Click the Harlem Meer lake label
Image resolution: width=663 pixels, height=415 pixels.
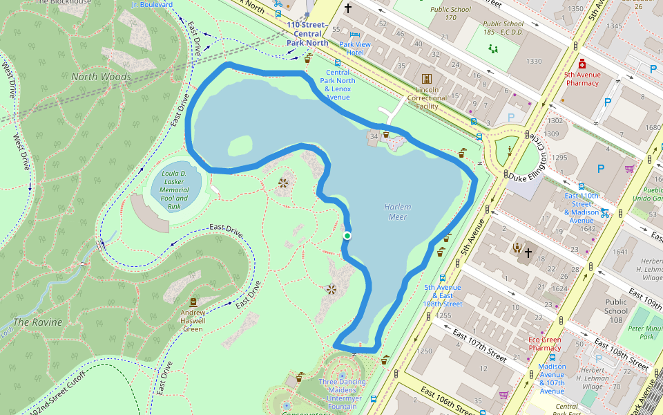click(x=398, y=212)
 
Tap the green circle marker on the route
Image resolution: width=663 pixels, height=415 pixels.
click(x=347, y=237)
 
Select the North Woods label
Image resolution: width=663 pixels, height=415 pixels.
click(x=101, y=77)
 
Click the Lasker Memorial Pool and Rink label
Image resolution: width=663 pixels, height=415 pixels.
click(x=174, y=190)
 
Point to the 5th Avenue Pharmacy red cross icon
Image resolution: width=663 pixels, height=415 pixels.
click(x=582, y=64)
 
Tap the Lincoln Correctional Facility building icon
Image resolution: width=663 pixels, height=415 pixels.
click(x=427, y=79)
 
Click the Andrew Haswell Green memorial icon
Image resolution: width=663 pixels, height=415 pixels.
click(x=193, y=302)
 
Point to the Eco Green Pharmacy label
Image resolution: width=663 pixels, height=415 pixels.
click(x=545, y=344)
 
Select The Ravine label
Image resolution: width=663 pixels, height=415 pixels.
click(x=37, y=322)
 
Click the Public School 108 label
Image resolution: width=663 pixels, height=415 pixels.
click(x=616, y=311)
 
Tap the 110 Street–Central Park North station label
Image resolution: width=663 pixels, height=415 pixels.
click(x=307, y=33)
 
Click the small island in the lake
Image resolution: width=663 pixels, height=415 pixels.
click(x=239, y=146)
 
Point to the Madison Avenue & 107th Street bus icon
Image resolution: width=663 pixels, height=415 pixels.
click(x=552, y=358)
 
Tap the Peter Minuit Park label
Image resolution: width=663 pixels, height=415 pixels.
click(x=646, y=333)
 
